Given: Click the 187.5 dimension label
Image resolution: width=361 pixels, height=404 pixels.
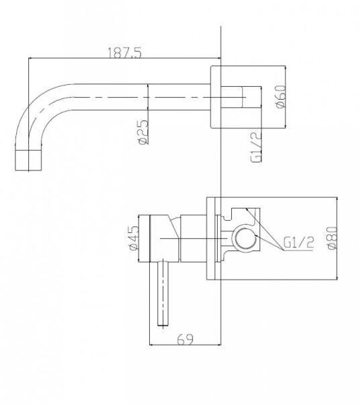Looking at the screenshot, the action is click(124, 53).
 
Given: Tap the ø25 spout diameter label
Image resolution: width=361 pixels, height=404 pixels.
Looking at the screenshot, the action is click(143, 132).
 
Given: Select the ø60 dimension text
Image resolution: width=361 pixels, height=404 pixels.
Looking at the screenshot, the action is click(280, 96).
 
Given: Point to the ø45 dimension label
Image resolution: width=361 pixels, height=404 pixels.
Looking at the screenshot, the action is click(133, 238).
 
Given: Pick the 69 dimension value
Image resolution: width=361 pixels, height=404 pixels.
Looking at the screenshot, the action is click(185, 339).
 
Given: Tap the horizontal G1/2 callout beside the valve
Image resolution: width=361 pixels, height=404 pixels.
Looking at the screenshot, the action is click(298, 242).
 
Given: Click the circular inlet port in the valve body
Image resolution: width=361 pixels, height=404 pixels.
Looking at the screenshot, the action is click(245, 238).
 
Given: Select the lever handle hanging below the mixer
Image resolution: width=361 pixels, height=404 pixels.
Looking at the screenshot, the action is click(163, 294).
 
